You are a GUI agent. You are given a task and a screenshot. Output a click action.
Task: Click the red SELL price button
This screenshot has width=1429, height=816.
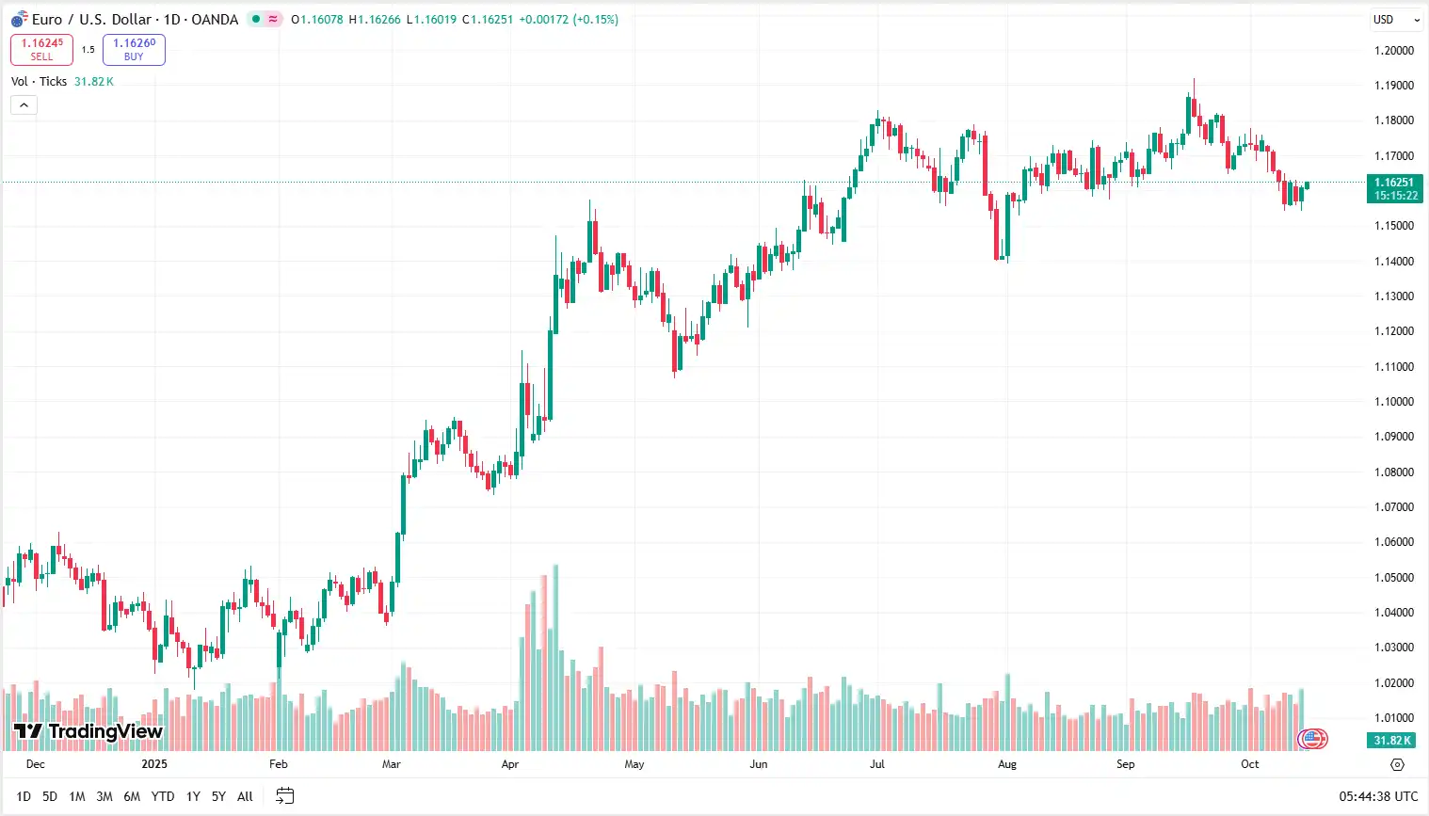[41, 49]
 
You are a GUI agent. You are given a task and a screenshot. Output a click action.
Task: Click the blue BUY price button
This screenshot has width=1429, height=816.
[134, 49]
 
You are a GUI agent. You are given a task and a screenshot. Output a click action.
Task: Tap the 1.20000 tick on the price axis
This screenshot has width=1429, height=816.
[1393, 51]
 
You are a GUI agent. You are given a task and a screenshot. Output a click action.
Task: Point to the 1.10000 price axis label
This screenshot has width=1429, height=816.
[1393, 402]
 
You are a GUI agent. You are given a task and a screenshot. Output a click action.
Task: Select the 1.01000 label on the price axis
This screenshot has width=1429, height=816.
[1393, 718]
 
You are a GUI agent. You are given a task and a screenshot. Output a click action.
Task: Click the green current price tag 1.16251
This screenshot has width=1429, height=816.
[1394, 189]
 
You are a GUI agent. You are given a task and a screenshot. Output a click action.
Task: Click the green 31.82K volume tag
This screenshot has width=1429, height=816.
[1392, 741]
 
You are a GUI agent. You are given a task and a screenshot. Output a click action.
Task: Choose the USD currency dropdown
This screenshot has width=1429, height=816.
[1396, 20]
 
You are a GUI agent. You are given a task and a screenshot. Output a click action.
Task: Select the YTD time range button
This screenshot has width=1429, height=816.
[163, 796]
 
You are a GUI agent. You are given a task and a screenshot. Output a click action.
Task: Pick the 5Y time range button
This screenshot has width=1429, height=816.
[218, 796]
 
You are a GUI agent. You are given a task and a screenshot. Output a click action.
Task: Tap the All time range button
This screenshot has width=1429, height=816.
[245, 796]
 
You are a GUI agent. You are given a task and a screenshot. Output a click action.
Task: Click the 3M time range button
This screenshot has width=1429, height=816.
[104, 796]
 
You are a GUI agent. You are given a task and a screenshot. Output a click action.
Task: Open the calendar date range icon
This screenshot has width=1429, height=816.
[284, 796]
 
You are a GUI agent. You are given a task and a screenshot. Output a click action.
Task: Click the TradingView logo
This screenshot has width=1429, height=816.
[88, 731]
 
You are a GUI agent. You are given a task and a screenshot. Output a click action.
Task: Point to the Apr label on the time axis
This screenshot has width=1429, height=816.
[509, 764]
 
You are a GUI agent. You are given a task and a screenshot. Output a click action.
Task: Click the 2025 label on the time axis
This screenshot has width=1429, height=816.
[154, 764]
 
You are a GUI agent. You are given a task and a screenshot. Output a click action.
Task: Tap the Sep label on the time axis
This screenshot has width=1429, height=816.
[1125, 764]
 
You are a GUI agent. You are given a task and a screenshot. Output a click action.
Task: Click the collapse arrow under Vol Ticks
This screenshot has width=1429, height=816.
[24, 104]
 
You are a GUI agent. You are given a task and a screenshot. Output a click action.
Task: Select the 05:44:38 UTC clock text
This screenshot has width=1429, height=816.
[1378, 796]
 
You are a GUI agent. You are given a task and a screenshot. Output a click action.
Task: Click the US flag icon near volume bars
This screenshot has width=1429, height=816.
[1312, 739]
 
